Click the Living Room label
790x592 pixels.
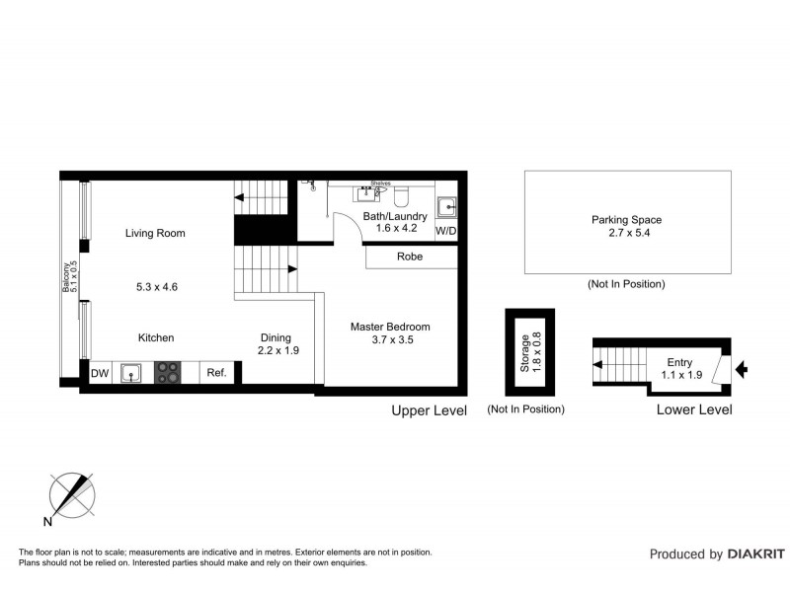point(155,234)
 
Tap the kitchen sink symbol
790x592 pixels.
point(129,373)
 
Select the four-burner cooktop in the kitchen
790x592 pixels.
point(167,373)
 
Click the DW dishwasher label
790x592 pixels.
point(99,373)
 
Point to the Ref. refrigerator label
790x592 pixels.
point(216,373)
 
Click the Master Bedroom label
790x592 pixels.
point(391,327)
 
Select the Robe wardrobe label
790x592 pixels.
point(410,257)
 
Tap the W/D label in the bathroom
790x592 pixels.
point(446,232)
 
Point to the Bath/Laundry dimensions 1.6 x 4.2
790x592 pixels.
point(396,229)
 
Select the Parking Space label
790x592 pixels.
point(626,220)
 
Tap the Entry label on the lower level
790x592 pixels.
point(680,362)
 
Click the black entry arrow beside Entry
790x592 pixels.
point(742,369)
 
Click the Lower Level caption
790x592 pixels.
point(694,409)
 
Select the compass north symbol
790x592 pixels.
point(71,497)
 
